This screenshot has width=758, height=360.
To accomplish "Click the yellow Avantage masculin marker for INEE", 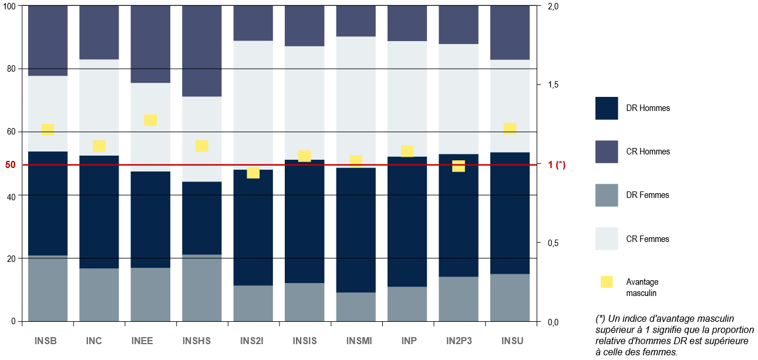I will coord(150,120).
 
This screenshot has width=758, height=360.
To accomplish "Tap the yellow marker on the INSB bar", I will coord(48,130).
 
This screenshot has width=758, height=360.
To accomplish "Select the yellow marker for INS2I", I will coord(253,173).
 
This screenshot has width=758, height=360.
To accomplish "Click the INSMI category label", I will coord(356,341).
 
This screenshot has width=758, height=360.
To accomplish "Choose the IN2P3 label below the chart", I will coord(459,341).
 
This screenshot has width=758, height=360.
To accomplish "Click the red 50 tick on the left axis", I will coord(11,165).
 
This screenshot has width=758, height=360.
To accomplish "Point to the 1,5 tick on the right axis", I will coord(554,85).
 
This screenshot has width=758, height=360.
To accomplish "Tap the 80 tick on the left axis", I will coord(11,69).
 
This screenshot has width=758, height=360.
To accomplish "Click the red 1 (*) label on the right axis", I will coord(557,165).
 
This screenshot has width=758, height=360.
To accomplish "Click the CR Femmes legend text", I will coord(648,239).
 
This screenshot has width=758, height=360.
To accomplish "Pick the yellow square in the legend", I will coord(607,282).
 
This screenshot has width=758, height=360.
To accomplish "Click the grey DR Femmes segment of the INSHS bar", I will coord(201,288).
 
